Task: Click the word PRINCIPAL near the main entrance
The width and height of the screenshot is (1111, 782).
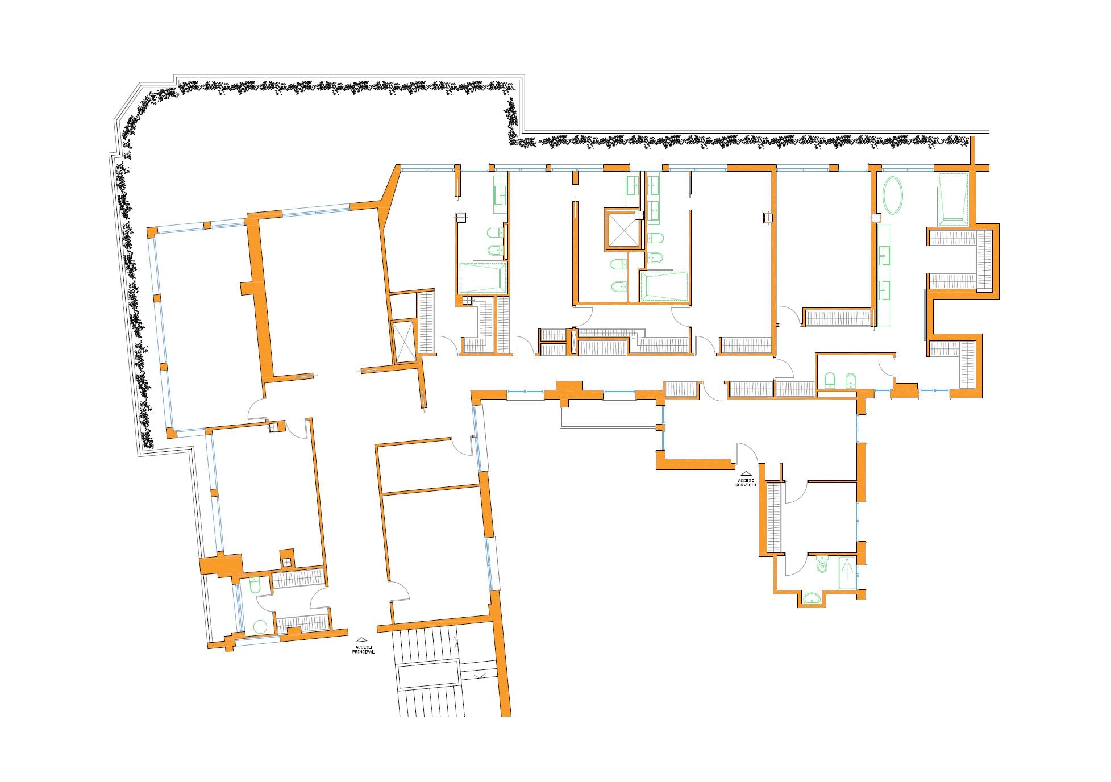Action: click(364, 652)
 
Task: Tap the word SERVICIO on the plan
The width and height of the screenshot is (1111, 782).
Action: click(746, 485)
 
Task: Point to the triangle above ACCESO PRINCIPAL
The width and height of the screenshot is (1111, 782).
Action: click(363, 639)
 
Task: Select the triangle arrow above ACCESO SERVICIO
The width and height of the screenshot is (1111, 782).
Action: click(746, 473)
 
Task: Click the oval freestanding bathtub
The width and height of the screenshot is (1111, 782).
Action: click(892, 195)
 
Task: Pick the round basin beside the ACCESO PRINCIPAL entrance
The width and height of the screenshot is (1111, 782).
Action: click(260, 627)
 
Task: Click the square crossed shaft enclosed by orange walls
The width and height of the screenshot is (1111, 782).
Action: click(622, 230)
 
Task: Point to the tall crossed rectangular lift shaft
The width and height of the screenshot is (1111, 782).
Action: click(405, 341)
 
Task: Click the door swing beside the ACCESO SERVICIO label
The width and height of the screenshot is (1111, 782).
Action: click(746, 453)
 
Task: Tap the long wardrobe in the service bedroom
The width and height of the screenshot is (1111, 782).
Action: click(774, 518)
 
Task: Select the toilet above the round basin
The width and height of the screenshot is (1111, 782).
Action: click(254, 585)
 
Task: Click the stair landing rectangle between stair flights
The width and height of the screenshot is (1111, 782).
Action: click(428, 675)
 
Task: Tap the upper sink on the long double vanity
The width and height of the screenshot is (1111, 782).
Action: click(884, 255)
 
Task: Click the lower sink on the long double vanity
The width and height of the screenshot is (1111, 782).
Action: click(884, 290)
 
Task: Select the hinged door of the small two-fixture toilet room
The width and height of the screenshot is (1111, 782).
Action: click(887, 367)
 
